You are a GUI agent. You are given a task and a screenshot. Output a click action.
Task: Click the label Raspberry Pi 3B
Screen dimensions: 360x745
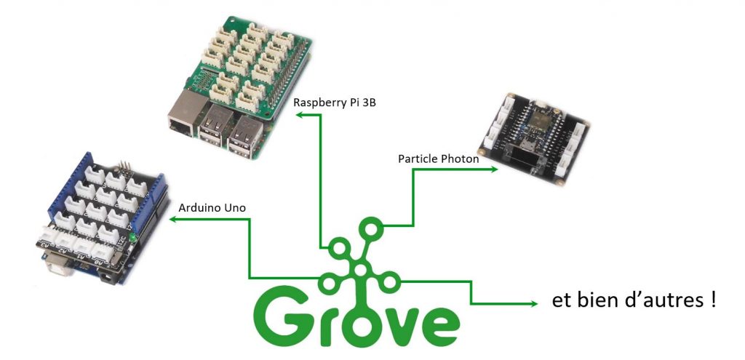point(334,102)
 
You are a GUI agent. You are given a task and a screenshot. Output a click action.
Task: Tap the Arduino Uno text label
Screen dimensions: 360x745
point(212,207)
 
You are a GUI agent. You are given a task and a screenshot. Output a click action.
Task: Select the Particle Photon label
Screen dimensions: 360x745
point(438,158)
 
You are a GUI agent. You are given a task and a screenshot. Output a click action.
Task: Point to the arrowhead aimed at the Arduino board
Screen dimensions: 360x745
point(174,219)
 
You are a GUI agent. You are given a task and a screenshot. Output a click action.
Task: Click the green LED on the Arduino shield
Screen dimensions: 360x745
point(133,239)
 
